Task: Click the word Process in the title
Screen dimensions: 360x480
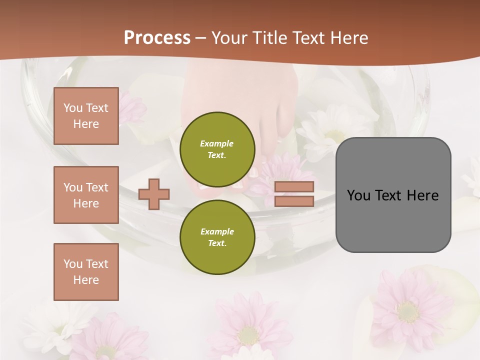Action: pyautogui.click(x=157, y=38)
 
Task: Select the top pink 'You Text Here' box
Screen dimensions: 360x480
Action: pyautogui.click(x=86, y=116)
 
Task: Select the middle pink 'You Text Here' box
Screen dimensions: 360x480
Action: pyautogui.click(x=86, y=195)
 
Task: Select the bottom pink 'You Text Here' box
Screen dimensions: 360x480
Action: pyautogui.click(x=86, y=271)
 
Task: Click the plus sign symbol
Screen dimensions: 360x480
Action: pyautogui.click(x=154, y=194)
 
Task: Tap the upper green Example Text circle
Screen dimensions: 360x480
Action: pyautogui.click(x=217, y=149)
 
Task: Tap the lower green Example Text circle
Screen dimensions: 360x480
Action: pyautogui.click(x=217, y=237)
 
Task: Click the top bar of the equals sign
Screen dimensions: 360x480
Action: pyautogui.click(x=294, y=186)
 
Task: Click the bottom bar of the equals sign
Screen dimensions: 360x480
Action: pyautogui.click(x=294, y=201)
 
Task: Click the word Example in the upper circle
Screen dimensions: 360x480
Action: pyautogui.click(x=217, y=143)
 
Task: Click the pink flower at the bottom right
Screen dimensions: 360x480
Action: pyautogui.click(x=407, y=310)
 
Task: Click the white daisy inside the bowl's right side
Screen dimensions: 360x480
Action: pyautogui.click(x=332, y=132)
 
